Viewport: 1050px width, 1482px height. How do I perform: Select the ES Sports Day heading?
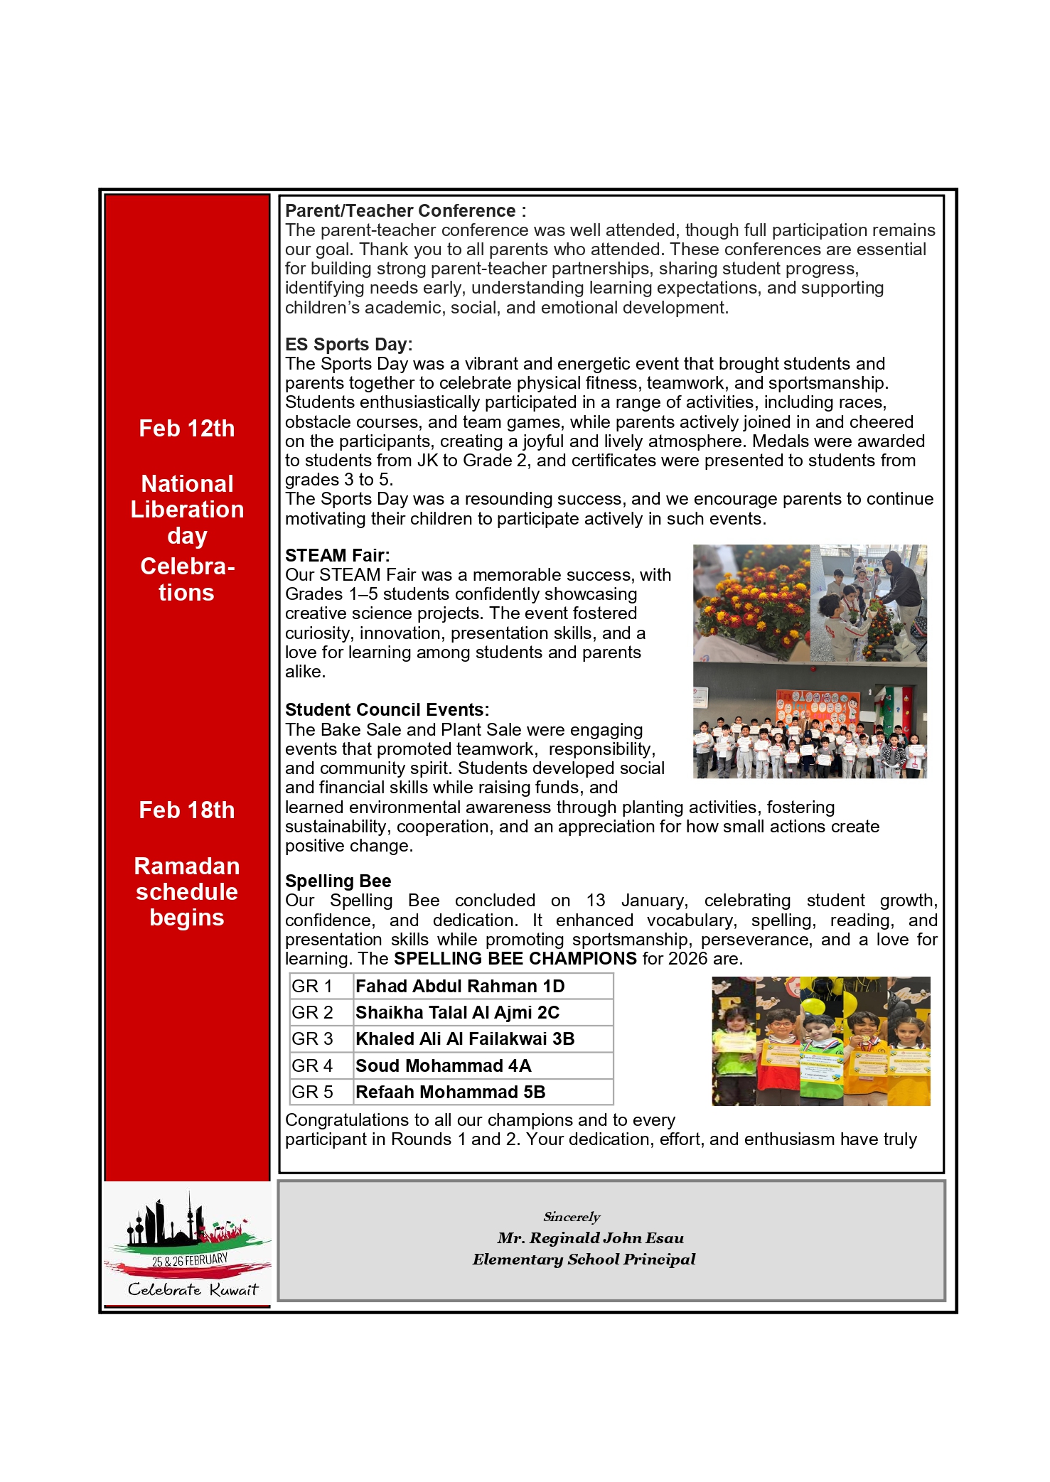[348, 345]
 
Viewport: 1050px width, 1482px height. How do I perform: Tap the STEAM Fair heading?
[337, 556]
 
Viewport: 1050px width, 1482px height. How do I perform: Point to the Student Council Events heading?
[387, 710]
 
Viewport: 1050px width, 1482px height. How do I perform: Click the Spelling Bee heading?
[338, 881]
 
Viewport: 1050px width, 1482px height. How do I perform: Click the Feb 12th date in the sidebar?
[186, 429]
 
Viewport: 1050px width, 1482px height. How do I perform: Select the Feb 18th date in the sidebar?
[186, 810]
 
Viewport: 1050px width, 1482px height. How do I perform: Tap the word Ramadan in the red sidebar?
[186, 866]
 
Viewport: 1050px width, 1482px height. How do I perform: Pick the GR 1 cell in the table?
[312, 987]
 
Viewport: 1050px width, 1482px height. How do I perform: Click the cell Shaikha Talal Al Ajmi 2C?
[457, 1013]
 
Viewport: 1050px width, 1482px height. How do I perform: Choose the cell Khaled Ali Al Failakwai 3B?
[465, 1039]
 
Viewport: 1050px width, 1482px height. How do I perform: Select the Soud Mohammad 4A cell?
[443, 1066]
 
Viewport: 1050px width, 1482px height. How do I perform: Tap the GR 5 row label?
[312, 1092]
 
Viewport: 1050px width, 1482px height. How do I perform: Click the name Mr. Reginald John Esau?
[590, 1238]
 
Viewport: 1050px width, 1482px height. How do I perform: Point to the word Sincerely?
[572, 1217]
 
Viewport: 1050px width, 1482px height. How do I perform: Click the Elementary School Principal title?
[584, 1260]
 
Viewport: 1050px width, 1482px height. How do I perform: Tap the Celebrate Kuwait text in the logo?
[193, 1290]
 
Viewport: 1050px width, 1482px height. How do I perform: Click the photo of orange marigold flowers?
[751, 603]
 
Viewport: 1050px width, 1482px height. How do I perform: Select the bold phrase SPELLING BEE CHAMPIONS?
[515, 959]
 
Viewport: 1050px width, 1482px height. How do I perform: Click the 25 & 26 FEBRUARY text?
[190, 1261]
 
